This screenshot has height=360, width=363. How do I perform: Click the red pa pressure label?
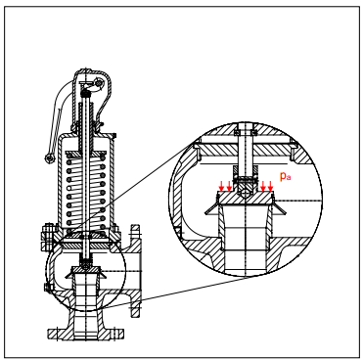(x=286, y=176)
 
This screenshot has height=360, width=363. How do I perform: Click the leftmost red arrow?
(x=221, y=187)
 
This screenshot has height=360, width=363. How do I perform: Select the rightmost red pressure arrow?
(x=270, y=187)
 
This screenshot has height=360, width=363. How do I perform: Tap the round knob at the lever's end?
(x=49, y=158)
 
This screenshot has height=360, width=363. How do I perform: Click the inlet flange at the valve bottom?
(x=86, y=335)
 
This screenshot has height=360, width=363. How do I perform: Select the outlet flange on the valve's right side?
(x=135, y=271)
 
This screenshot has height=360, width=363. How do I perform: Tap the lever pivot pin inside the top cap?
(x=99, y=83)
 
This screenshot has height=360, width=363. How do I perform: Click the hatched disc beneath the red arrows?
(x=246, y=198)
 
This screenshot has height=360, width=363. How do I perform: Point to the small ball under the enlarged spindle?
(x=246, y=193)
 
